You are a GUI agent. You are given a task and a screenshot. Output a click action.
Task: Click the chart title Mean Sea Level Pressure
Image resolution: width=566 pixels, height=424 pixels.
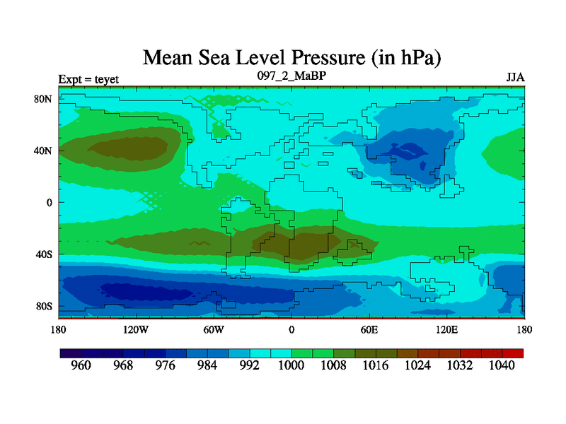click(x=291, y=57)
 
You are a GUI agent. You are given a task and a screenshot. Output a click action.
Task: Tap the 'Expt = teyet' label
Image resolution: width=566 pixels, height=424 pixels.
click(x=88, y=78)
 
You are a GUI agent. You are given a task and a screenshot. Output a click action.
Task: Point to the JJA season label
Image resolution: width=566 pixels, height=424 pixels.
click(x=515, y=77)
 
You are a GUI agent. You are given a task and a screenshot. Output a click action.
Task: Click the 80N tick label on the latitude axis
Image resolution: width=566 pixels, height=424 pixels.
click(x=44, y=99)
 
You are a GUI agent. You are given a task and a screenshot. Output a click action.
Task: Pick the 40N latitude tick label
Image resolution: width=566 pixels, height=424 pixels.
click(x=44, y=151)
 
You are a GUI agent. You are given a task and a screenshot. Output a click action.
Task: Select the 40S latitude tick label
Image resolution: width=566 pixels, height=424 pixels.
click(x=45, y=254)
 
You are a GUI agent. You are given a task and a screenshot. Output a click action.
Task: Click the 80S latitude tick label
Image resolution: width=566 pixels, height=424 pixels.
click(x=45, y=307)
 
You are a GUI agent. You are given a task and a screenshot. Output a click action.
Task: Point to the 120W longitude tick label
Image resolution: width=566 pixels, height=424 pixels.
click(x=135, y=329)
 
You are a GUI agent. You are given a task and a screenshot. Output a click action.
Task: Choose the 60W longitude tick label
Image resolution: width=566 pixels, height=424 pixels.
click(x=214, y=329)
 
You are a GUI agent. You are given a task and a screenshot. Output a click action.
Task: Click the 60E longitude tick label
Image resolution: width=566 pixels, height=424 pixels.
click(x=369, y=329)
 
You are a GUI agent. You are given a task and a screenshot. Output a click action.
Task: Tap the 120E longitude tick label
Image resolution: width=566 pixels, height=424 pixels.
click(x=446, y=329)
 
